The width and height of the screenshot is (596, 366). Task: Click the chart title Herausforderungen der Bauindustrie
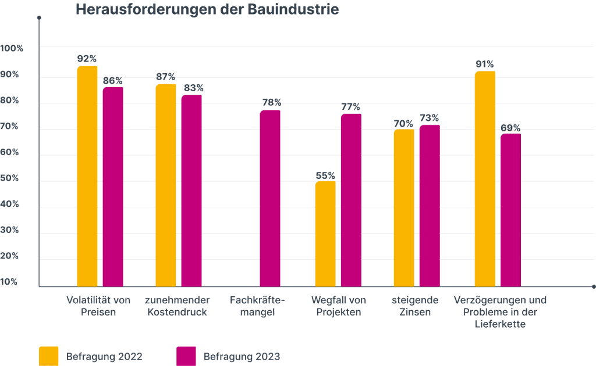[207, 10]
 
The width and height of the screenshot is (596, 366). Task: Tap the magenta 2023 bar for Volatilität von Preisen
[113, 186]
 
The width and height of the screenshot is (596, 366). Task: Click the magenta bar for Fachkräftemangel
[270, 198]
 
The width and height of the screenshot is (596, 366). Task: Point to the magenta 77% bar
[351, 200]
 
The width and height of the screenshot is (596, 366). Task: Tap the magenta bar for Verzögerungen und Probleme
[510, 210]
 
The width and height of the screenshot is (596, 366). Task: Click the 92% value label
[87, 59]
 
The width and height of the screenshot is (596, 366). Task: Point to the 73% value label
[430, 118]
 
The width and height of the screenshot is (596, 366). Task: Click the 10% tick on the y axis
[10, 282]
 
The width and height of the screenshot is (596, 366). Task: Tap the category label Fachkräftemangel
[258, 306]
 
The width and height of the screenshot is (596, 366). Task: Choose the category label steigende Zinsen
[414, 306]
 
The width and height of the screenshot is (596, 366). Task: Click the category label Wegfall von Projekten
[339, 306]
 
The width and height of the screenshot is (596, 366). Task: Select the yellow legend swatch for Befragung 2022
[49, 356]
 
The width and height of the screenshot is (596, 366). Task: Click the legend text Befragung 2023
[242, 356]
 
